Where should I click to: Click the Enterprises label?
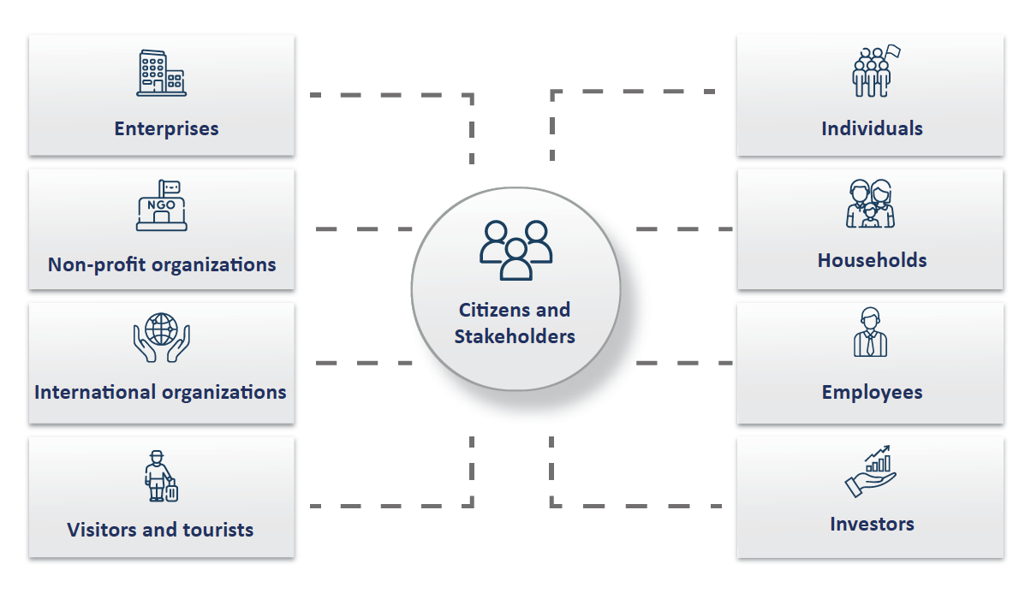166,129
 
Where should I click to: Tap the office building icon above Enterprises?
161,73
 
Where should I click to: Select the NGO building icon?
161,205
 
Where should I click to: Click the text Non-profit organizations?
162,264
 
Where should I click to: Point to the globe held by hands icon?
161,338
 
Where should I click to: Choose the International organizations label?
160,393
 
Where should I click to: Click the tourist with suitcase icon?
161,477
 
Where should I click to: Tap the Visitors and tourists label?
160,530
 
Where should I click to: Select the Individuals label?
872,129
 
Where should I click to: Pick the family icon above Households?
870,204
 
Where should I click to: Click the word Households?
872,260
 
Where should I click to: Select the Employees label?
872,393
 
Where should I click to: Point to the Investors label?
872,524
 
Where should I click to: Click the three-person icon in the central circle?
515,250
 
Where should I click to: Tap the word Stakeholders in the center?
515,336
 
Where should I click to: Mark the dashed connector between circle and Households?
683,229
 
